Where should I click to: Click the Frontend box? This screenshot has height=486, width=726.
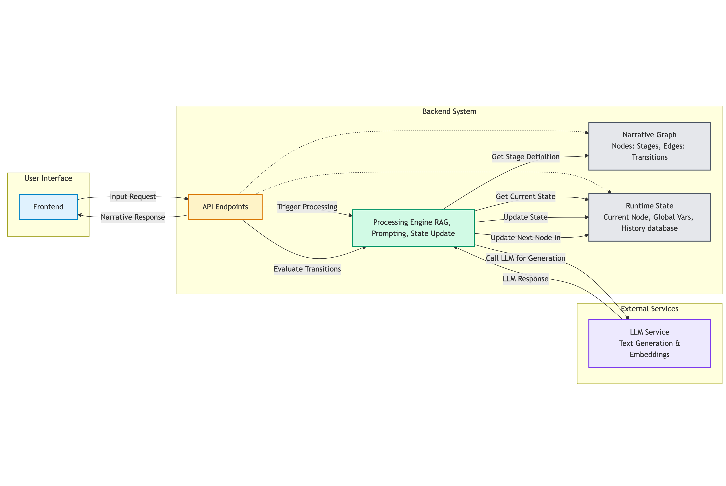[48, 207]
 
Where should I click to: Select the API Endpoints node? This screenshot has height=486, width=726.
[225, 207]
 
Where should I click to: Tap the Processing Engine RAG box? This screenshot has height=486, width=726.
[413, 228]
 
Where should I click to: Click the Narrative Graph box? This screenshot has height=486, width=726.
[649, 146]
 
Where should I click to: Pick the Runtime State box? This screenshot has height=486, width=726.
[649, 217]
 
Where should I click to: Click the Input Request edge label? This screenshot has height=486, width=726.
[133, 197]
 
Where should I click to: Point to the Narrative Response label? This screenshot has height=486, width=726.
[133, 217]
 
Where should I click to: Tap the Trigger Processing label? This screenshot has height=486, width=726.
[307, 207]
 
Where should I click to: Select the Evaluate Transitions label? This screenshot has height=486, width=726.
[307, 269]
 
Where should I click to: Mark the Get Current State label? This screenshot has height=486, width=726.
[525, 197]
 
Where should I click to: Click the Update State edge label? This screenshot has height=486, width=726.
[525, 217]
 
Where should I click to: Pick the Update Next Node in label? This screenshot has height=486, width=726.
[525, 238]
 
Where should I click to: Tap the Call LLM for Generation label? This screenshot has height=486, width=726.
[525, 258]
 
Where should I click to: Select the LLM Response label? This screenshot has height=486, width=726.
[525, 279]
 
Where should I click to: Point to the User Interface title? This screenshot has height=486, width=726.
[48, 178]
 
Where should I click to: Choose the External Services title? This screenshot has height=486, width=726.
[649, 309]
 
